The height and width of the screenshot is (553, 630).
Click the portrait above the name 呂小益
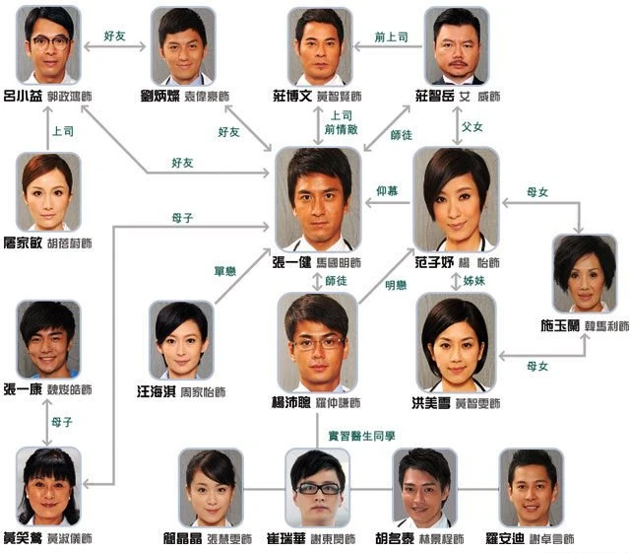coord(49,45)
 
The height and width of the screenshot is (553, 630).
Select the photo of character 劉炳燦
coord(183,45)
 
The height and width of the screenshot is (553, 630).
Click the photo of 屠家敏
coord(49,191)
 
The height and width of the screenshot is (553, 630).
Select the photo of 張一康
coord(49,337)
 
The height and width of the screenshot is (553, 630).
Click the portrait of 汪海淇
coord(181,339)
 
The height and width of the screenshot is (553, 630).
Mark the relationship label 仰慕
coord(388,190)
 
